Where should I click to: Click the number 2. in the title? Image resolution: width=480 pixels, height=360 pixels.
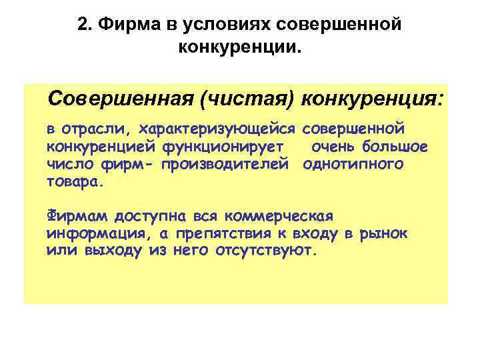click(x=84, y=25)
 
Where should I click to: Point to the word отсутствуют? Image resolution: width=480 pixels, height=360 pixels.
click(x=267, y=251)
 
